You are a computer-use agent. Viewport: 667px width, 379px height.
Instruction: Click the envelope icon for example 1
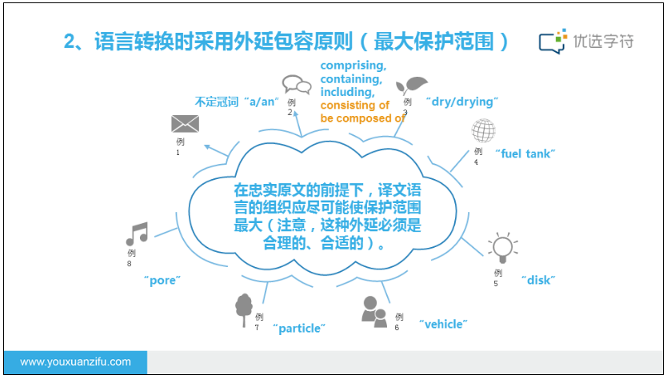point(185,124)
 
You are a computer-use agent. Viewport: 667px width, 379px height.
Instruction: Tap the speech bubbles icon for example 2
point(296,84)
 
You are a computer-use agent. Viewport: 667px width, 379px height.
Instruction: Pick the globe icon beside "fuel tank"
point(484,130)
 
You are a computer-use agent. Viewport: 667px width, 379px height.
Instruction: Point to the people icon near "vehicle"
point(373,310)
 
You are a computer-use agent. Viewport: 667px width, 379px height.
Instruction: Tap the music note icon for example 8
point(137,233)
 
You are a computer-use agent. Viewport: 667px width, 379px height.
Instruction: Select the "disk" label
point(538,280)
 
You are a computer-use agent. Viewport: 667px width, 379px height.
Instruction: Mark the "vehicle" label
point(442,324)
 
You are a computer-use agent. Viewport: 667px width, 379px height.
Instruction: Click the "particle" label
point(300,328)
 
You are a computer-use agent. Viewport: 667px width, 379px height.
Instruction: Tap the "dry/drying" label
point(462,102)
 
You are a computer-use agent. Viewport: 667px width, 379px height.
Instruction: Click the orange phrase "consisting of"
point(354,106)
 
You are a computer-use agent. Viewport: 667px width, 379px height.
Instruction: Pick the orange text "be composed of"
point(361,118)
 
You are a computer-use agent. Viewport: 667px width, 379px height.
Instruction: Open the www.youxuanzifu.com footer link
point(75,362)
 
